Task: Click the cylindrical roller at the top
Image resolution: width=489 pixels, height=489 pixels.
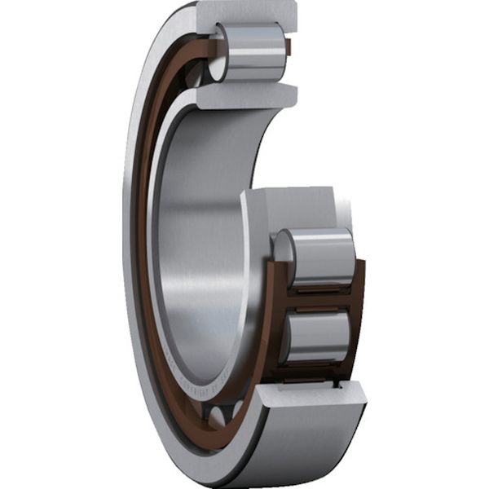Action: [253, 52]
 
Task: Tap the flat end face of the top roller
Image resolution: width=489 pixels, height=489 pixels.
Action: [218, 53]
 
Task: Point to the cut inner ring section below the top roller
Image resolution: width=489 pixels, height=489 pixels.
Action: [244, 95]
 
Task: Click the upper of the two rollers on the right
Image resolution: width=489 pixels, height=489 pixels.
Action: [318, 258]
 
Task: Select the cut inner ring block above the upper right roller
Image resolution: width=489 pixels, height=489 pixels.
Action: [293, 208]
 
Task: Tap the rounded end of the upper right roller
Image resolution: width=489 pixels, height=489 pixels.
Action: [284, 257]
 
